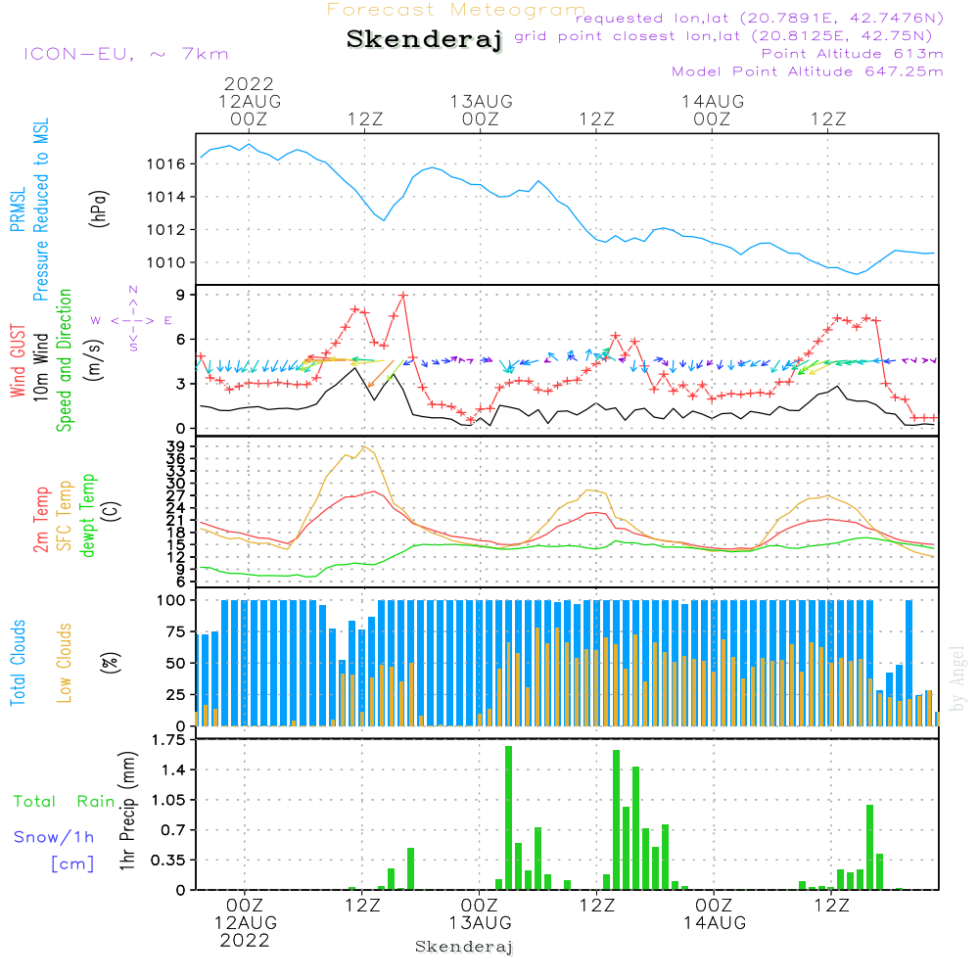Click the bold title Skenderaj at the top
[424, 40]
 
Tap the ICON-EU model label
[125, 54]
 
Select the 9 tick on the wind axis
[182, 295]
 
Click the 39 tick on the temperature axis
[178, 446]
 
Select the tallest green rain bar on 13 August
[509, 816]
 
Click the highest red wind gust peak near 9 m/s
[403, 294]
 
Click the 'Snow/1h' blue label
[55, 837]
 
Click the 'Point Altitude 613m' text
[852, 54]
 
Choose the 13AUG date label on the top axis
[481, 101]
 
